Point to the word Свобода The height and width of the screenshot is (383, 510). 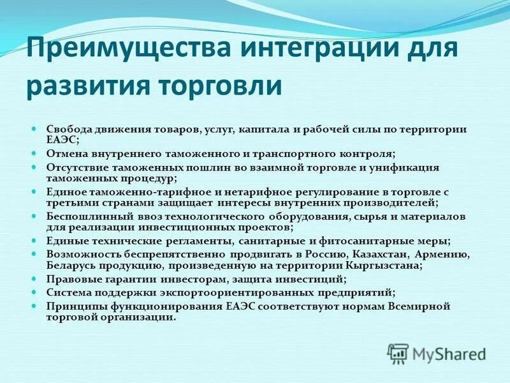click(66, 130)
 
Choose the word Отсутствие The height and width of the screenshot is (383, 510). click(75, 167)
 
